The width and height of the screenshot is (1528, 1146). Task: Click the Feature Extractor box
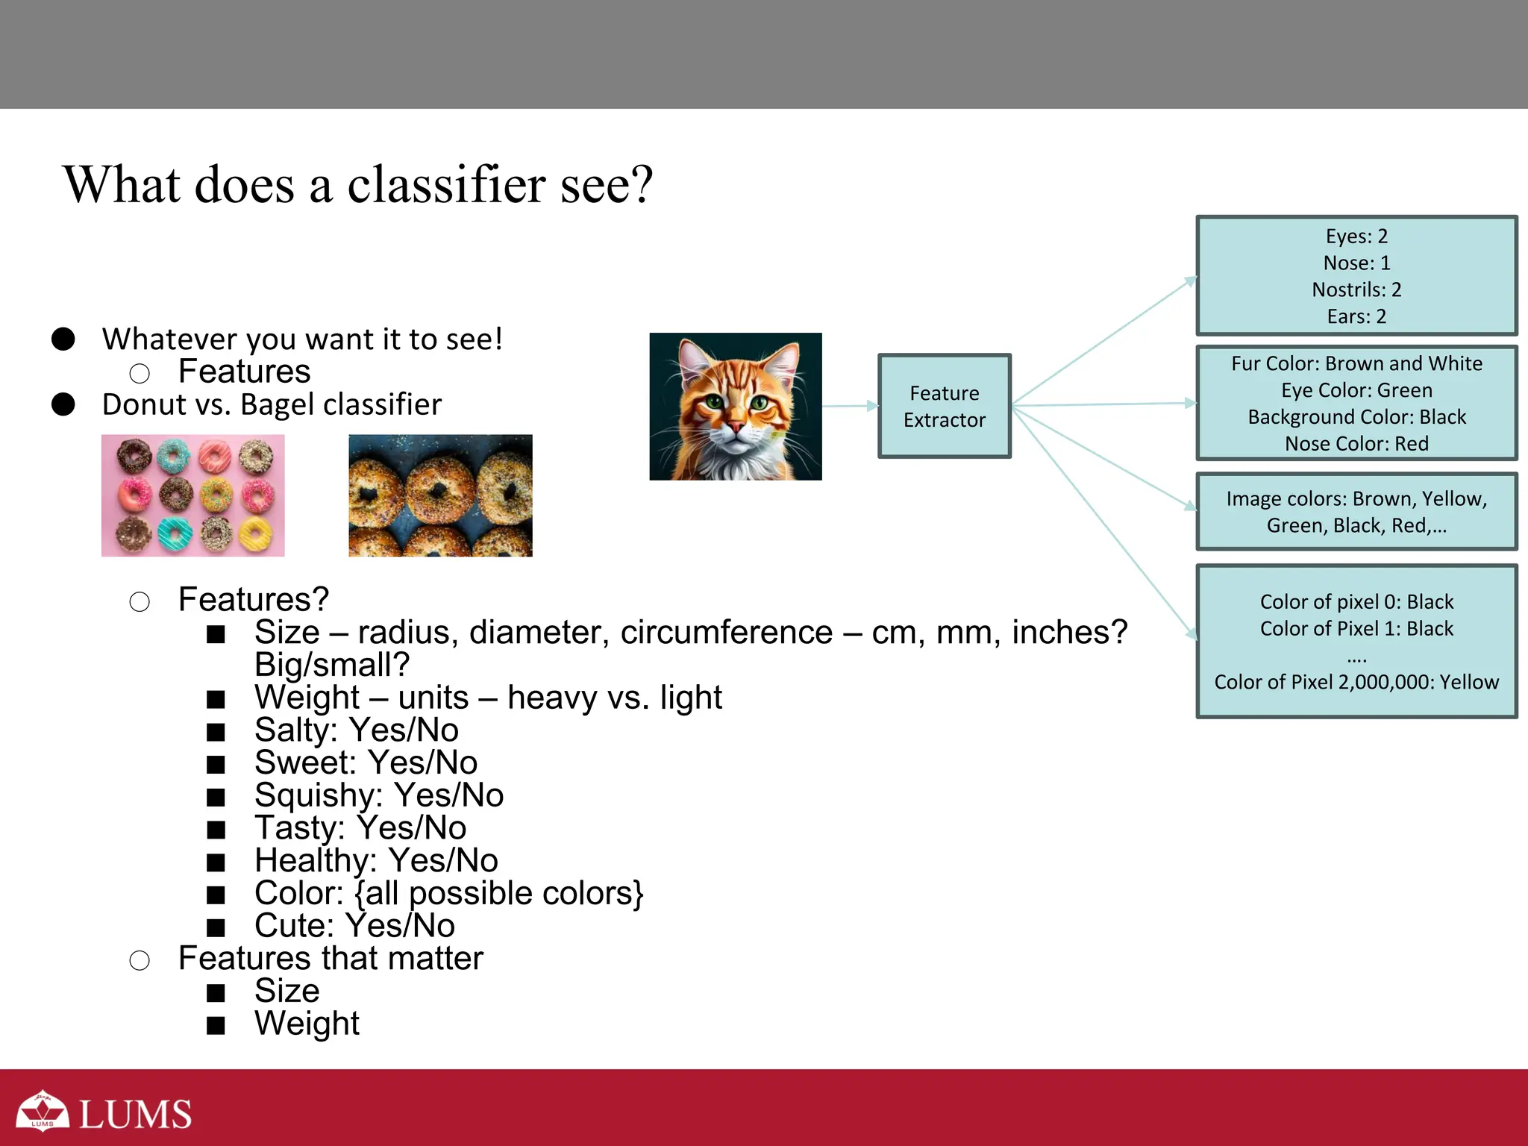(x=944, y=406)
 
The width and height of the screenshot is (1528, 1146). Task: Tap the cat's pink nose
(x=736, y=428)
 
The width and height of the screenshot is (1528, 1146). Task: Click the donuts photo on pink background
(x=192, y=495)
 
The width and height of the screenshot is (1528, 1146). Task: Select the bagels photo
(x=440, y=495)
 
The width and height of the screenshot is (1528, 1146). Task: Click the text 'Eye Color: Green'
(x=1356, y=390)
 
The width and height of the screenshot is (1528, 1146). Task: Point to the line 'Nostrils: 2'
(x=1356, y=289)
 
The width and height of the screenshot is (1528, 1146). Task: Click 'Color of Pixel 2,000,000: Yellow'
(x=1356, y=682)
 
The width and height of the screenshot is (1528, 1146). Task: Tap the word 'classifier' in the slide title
(x=446, y=185)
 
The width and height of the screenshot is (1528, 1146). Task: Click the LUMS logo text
(x=134, y=1115)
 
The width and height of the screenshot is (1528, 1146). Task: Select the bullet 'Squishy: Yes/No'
(x=378, y=795)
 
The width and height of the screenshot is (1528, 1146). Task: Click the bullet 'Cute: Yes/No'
(x=354, y=926)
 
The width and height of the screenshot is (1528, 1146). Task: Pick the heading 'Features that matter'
(x=331, y=959)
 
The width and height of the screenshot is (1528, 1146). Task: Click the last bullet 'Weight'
(x=307, y=1024)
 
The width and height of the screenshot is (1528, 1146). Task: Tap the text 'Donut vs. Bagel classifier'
(x=272, y=404)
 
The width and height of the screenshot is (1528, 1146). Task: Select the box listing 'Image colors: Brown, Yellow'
(x=1356, y=512)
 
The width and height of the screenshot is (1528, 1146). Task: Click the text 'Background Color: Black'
(x=1356, y=417)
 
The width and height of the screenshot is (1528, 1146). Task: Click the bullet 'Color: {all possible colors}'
(x=448, y=893)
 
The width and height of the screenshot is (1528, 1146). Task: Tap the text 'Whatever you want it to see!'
(x=302, y=339)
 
